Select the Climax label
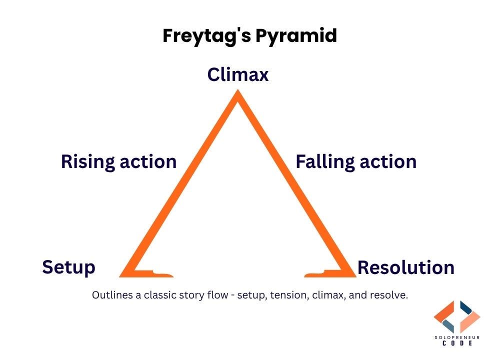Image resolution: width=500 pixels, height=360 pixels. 238,75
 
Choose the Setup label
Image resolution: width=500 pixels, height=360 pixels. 68,267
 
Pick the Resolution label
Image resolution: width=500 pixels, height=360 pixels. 405,267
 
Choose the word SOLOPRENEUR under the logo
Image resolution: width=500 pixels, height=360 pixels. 457,338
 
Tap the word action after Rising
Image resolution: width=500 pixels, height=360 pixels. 148,162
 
